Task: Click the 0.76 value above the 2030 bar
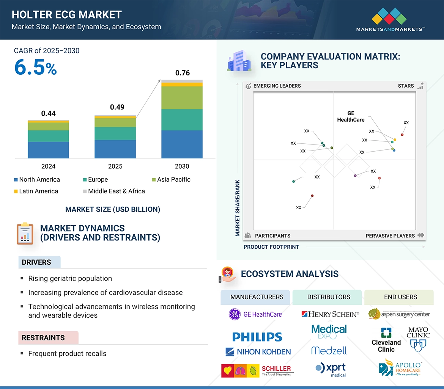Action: (x=182, y=73)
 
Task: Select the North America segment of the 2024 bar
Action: (x=48, y=150)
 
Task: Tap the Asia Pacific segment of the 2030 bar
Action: (x=182, y=98)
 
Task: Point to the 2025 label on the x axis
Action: (x=115, y=166)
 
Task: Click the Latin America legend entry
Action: (x=36, y=191)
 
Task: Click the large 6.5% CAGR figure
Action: (x=35, y=67)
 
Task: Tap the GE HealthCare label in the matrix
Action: (x=351, y=116)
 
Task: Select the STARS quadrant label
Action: (x=406, y=86)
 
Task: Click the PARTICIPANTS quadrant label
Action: (x=272, y=235)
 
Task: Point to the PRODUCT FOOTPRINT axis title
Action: (x=271, y=247)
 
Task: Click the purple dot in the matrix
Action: (x=355, y=176)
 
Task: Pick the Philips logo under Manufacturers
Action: (x=257, y=337)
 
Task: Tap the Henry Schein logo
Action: (x=329, y=314)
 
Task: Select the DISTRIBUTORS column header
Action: (x=329, y=297)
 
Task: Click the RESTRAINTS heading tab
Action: (x=43, y=337)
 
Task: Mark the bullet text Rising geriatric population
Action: (x=70, y=278)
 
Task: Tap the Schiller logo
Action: (x=257, y=370)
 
